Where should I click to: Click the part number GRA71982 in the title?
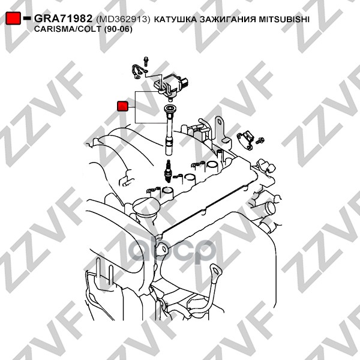pyautogui.click(x=63, y=19)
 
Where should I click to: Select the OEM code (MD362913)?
pyautogui.click(x=123, y=20)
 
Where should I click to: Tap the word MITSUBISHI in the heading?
pyautogui.click(x=284, y=19)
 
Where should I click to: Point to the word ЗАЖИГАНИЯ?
pyautogui.click(x=228, y=19)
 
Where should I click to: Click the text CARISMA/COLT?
pyautogui.click(x=67, y=29)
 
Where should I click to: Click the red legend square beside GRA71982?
pyautogui.click(x=13, y=19)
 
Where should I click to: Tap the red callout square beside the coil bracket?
pyautogui.click(x=122, y=106)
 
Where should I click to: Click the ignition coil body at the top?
pyautogui.click(x=170, y=86)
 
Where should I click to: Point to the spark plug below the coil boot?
pyautogui.click(x=169, y=171)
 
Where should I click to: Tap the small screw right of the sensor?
pyautogui.click(x=260, y=140)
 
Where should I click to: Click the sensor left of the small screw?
pyautogui.click(x=245, y=140)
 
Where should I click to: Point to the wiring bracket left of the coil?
pyautogui.click(x=139, y=71)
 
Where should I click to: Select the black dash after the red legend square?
pyautogui.click(x=27, y=18)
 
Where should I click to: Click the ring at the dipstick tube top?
pyautogui.click(x=216, y=271)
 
